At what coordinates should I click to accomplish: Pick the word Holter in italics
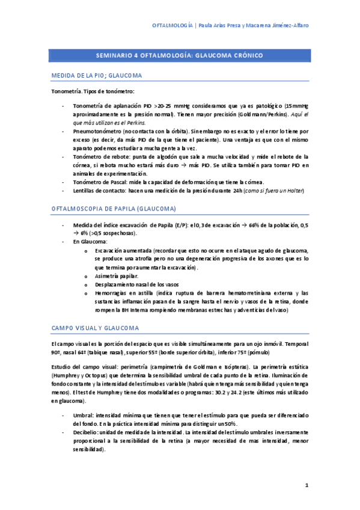(x=294, y=191)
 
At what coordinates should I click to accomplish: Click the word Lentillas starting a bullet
(x=85, y=191)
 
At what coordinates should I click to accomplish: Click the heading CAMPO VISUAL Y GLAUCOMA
(x=95, y=328)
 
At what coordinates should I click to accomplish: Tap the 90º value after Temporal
(x=56, y=351)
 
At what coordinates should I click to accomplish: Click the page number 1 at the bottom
(x=307, y=485)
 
